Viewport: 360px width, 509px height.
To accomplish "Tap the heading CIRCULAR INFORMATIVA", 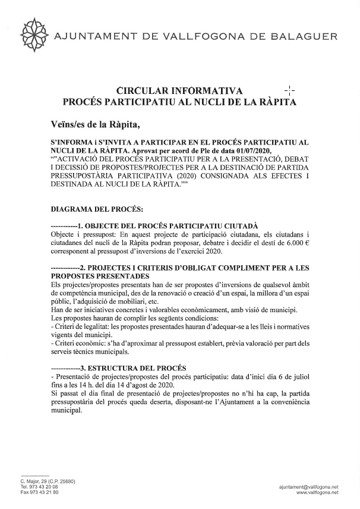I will (179, 91).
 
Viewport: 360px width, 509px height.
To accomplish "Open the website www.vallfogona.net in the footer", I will (317, 492).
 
